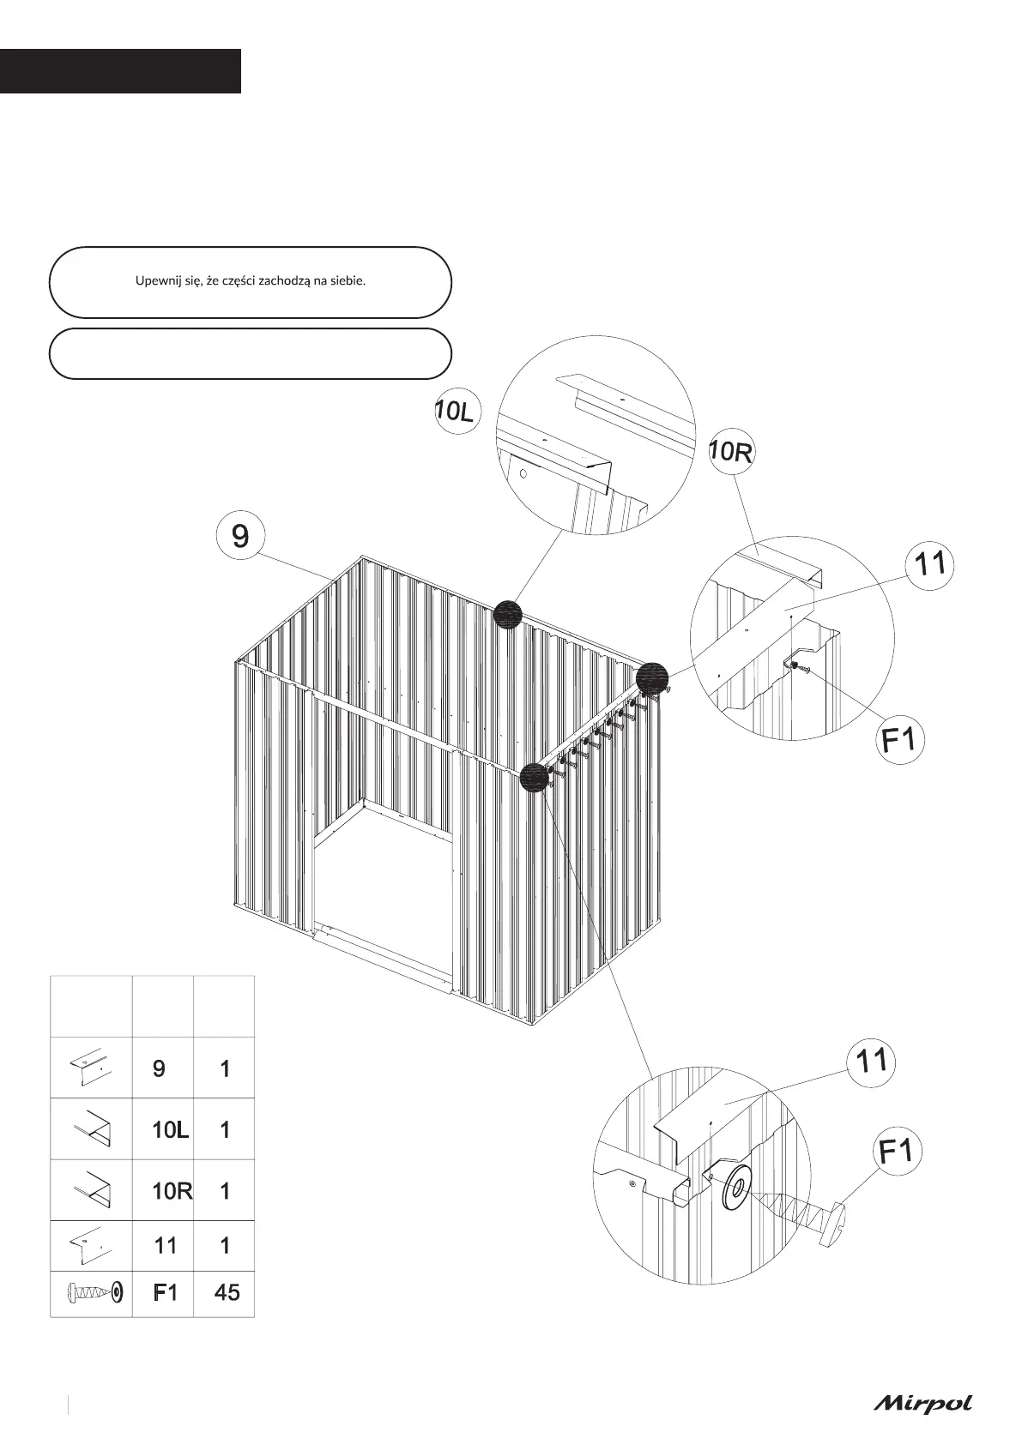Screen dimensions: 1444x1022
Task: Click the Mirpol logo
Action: pos(923,1404)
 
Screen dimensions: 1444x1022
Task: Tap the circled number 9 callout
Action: pos(240,536)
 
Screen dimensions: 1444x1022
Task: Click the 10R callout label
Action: pos(731,452)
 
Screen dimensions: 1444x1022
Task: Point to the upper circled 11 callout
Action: pos(930,564)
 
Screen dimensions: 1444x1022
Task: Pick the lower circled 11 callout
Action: pos(872,1062)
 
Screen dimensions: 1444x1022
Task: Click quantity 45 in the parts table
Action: pos(227,1292)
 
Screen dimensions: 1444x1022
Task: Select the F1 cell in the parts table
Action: pos(165,1292)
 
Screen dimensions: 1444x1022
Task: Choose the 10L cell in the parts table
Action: pos(170,1130)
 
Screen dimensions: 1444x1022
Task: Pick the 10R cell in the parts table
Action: pos(172,1191)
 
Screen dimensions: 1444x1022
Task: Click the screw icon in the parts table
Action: pos(93,1291)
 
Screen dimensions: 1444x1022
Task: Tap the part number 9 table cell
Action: pos(160,1068)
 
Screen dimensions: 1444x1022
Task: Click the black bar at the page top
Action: pos(120,71)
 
